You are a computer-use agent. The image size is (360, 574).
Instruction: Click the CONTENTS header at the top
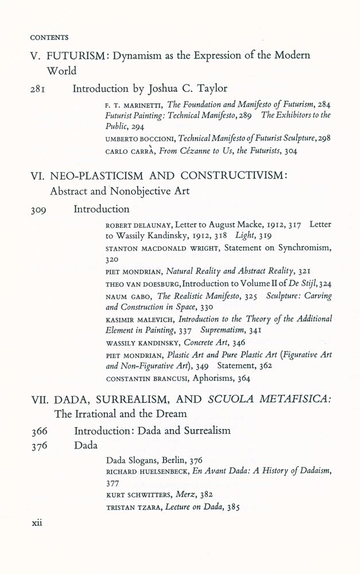point(49,38)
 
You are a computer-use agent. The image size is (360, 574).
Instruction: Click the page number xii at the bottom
point(37,523)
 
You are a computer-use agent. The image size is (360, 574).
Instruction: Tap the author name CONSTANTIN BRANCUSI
point(151,379)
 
